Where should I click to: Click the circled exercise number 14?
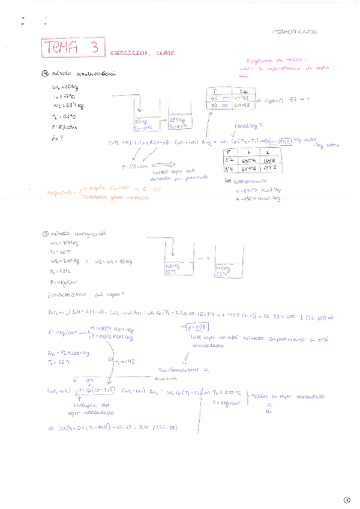44,74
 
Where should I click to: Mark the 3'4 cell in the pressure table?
228,169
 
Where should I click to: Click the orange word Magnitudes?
62,193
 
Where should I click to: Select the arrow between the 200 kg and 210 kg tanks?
206,258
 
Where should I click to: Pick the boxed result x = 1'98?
197,328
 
